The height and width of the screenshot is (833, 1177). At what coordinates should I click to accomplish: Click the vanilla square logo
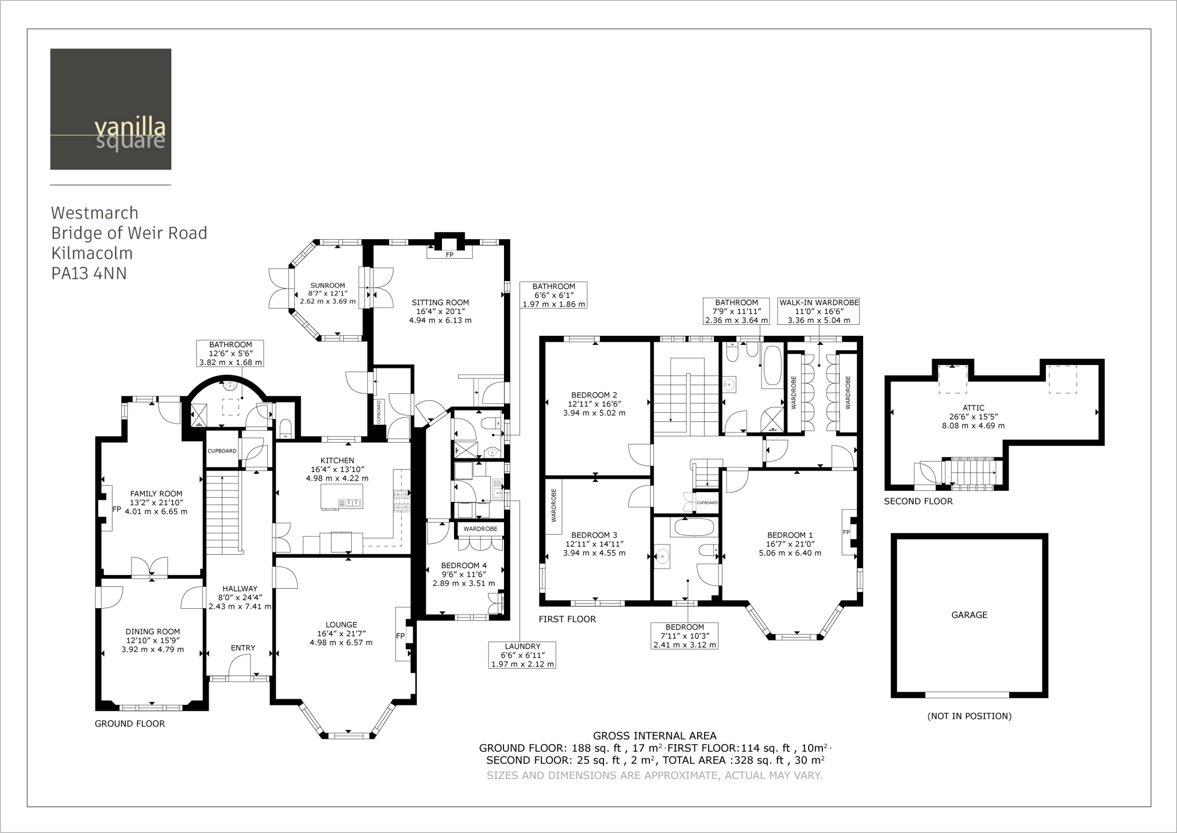click(110, 109)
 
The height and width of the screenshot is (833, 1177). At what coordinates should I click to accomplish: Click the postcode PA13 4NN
click(89, 274)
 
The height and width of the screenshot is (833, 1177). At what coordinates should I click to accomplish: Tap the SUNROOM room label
click(328, 285)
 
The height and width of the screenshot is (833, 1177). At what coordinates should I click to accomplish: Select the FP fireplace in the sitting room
click(449, 254)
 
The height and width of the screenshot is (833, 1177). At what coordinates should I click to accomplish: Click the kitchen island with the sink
click(342, 497)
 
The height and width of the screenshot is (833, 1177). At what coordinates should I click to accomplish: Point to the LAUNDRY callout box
click(522, 655)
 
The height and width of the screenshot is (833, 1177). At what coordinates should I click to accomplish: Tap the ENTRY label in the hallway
click(243, 648)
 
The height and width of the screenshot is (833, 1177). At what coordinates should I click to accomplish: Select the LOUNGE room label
click(341, 625)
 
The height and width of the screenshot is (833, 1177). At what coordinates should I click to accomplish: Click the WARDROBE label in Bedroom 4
click(480, 528)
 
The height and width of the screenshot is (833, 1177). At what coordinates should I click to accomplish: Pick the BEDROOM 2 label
click(594, 395)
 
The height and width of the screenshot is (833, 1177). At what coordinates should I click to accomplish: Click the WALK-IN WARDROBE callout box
click(818, 311)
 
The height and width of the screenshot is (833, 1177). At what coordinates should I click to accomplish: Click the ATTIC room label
click(974, 408)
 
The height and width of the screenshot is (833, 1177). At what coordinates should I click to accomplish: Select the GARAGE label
click(969, 615)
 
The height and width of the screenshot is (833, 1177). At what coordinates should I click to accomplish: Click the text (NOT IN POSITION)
click(969, 716)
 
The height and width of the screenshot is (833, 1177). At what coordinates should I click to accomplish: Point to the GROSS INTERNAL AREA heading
click(655, 735)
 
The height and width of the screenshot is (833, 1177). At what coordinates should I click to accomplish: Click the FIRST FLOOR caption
click(567, 619)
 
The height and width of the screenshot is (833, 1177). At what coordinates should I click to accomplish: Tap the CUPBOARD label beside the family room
click(222, 451)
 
